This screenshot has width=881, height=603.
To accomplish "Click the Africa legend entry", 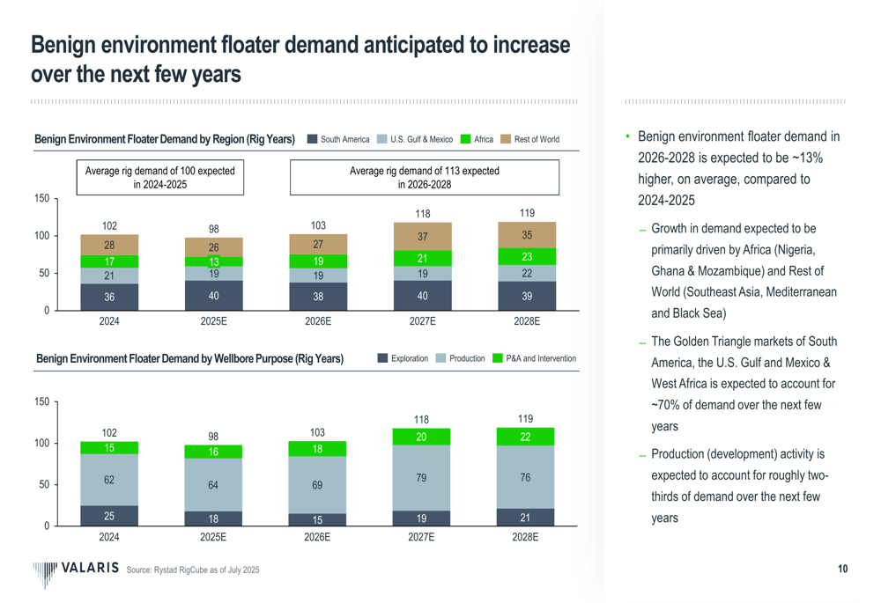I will pyautogui.click(x=477, y=139).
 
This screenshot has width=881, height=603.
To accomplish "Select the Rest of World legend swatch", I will pyautogui.click(x=506, y=139).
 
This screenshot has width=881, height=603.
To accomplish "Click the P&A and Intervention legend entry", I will pyautogui.click(x=534, y=358).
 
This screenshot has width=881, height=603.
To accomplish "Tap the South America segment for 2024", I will pyautogui.click(x=109, y=297).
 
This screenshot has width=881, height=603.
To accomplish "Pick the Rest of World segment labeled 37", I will pyautogui.click(x=423, y=237).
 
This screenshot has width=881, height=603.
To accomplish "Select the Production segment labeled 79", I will pyautogui.click(x=422, y=477).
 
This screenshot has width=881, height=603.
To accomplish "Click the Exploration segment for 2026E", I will pyautogui.click(x=318, y=519).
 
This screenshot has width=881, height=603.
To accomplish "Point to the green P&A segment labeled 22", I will pyautogui.click(x=526, y=437).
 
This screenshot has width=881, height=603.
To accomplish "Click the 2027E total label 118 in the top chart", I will pyautogui.click(x=423, y=212).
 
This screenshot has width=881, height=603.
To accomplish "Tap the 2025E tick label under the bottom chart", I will pyautogui.click(x=213, y=536).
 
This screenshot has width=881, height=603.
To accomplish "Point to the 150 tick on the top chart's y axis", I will pyautogui.click(x=41, y=199).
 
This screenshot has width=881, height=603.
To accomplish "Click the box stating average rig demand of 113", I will pyautogui.click(x=425, y=177).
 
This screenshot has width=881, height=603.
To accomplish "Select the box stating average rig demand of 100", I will pyautogui.click(x=160, y=177).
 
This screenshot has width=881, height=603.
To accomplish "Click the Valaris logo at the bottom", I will pyautogui.click(x=75, y=570).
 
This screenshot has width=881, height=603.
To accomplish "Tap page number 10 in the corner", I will pyautogui.click(x=842, y=570).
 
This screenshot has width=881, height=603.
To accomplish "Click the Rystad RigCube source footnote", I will pyautogui.click(x=194, y=571).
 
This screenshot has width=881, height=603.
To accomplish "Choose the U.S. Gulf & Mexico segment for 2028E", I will pyautogui.click(x=526, y=274).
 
